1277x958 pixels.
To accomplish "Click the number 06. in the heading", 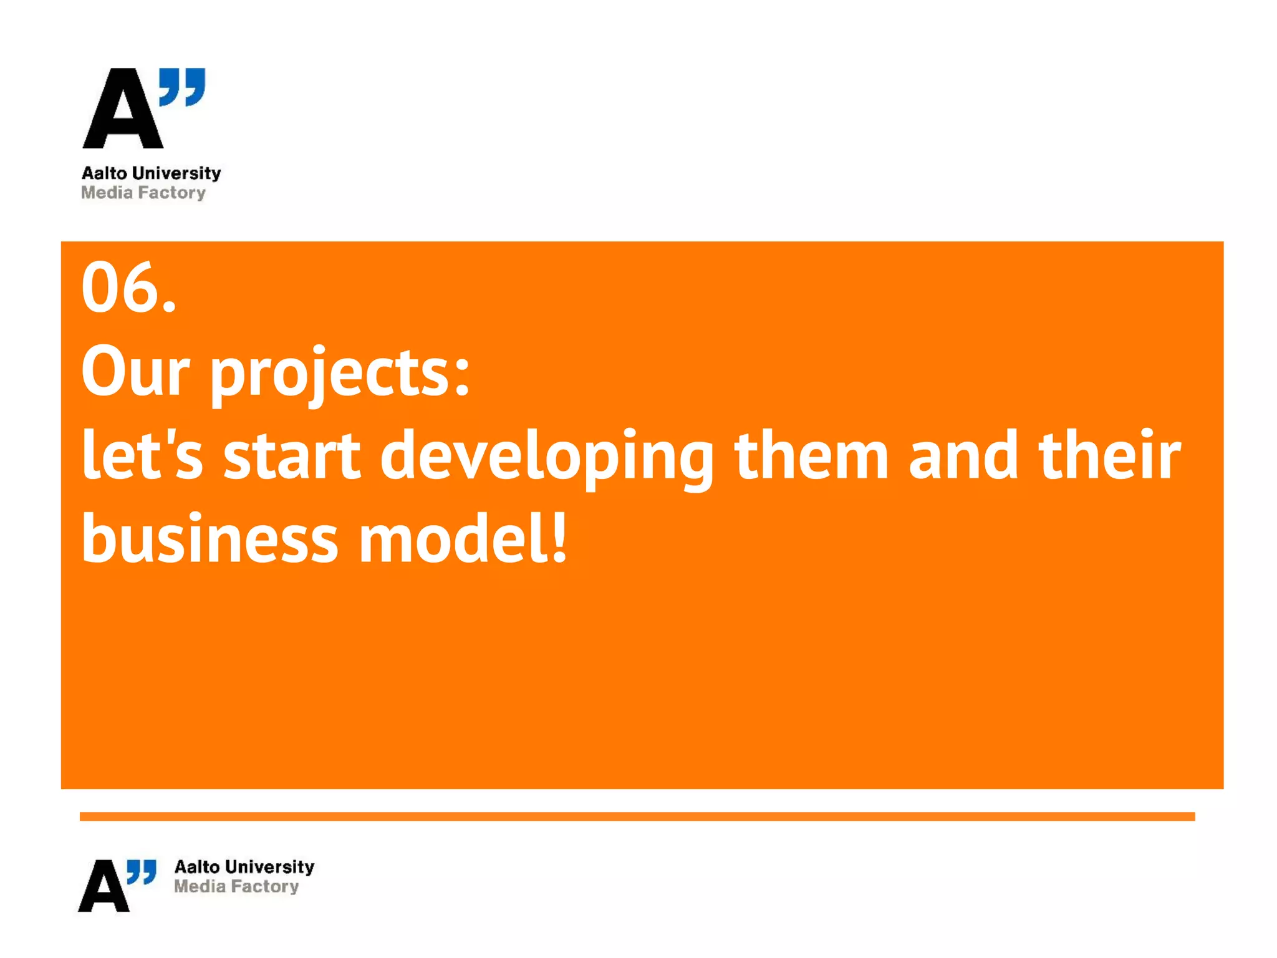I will pos(129,288).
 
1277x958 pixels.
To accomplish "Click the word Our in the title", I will pos(135,372).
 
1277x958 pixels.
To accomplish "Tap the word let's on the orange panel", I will pos(142,455).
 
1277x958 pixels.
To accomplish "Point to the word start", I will pos(292,455).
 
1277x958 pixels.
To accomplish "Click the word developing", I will pos(547,458).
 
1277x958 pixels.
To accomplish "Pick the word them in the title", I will pos(811,455).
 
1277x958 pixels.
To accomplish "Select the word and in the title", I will pos(963,455).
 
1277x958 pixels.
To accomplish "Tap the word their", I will pos(1110,455).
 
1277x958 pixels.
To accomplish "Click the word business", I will pos(210,538).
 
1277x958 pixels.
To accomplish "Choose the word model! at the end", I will pos(463,538).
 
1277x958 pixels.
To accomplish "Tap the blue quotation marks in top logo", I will pos(182,87).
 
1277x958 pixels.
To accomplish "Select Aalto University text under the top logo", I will pos(152,173).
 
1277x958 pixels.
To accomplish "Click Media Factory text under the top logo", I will pos(143,193).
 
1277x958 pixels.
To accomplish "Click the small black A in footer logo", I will pos(104,886).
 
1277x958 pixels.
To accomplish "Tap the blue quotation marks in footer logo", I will pos(142,872).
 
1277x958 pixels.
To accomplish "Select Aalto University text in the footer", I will pos(244,867).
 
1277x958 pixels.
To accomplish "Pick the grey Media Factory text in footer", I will pos(236,886).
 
